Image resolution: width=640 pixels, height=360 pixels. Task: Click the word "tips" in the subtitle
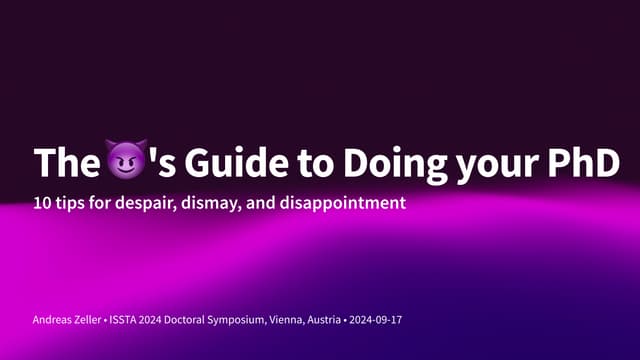point(75,204)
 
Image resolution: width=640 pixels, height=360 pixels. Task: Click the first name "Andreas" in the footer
point(53,319)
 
